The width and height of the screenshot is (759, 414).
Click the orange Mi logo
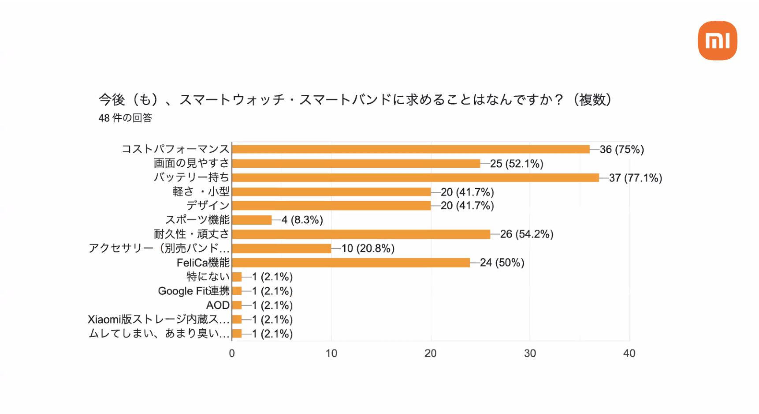[717, 41]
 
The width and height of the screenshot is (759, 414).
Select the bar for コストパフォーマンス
[410, 149]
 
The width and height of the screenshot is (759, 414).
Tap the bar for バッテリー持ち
[415, 177]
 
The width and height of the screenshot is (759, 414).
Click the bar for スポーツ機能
[252, 220]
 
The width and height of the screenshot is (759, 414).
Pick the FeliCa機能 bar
[351, 263]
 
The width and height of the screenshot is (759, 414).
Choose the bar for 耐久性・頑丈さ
[361, 234]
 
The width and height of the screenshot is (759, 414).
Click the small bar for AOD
[237, 305]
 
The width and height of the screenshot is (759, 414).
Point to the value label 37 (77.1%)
[635, 178]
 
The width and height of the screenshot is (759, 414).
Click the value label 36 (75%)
[621, 150]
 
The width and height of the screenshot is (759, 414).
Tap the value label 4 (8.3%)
[302, 220]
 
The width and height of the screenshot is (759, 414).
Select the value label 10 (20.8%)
[368, 248]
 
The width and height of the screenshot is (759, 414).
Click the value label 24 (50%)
[502, 263]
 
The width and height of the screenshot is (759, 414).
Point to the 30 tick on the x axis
[530, 353]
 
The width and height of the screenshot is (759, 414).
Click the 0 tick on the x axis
[232, 353]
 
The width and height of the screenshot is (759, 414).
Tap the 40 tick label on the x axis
[629, 353]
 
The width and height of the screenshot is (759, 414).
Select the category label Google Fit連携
[194, 291]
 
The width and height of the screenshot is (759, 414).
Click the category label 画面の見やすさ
[191, 163]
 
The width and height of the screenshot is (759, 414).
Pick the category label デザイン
[208, 206]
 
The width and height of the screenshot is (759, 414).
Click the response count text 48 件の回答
[125, 118]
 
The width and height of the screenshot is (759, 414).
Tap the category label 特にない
[208, 277]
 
